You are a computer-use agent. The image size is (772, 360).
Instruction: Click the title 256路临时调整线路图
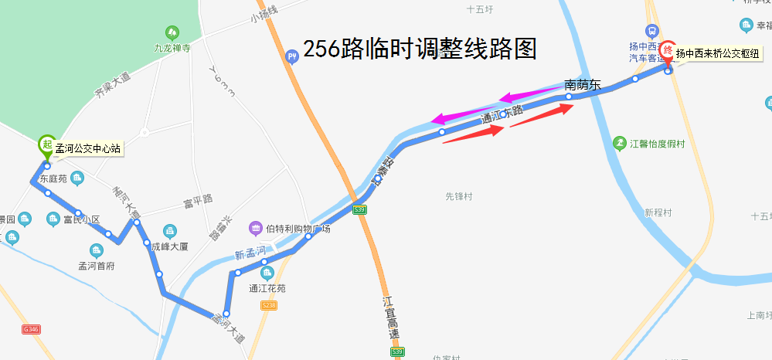[420, 49]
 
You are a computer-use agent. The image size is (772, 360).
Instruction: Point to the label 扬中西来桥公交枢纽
[717, 53]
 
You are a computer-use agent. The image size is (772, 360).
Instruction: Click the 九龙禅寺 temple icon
[171, 32]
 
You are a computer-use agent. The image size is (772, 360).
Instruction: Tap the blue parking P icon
[292, 56]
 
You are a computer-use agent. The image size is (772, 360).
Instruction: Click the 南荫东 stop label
[582, 85]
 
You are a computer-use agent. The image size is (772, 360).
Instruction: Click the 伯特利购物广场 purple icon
[256, 228]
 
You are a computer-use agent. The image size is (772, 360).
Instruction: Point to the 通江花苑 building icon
[267, 273]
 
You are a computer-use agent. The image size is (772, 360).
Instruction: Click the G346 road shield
[31, 329]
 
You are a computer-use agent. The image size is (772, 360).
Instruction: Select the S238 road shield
[269, 306]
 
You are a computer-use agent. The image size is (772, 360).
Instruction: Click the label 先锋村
[458, 197]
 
